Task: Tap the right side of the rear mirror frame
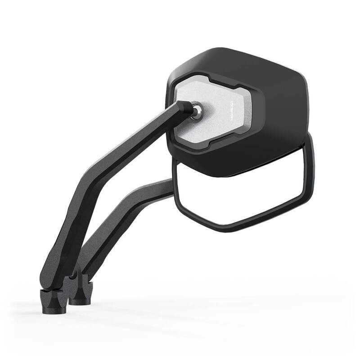(x=310, y=171)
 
